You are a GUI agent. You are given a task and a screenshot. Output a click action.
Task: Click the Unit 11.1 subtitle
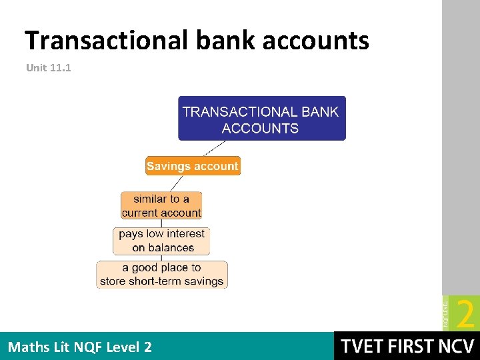click(x=48, y=67)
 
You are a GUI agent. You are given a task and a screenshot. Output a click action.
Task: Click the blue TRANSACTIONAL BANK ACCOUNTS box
click(x=261, y=119)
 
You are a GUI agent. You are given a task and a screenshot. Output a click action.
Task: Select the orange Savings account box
click(x=192, y=166)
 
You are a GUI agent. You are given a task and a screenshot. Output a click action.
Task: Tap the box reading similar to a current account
click(x=161, y=205)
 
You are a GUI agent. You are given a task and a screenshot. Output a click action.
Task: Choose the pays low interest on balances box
click(x=162, y=241)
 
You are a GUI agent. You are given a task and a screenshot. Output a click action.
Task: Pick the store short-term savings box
click(x=162, y=274)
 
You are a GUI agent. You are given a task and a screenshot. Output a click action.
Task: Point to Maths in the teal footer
click(x=27, y=347)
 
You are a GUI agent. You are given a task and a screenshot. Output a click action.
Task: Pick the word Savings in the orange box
click(x=167, y=166)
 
